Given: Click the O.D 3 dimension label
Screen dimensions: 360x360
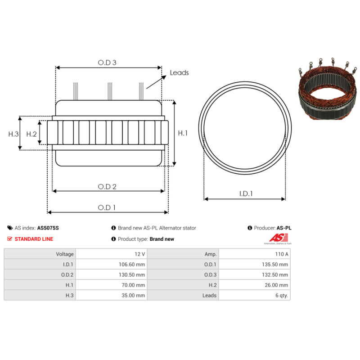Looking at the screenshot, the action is point(107,63).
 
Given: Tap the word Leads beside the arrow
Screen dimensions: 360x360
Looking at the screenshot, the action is point(179,72).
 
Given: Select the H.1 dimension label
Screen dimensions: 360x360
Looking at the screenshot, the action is point(183,133).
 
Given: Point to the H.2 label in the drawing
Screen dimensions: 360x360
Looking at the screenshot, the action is point(31,134).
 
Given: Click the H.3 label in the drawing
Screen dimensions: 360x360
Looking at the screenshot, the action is point(13,134).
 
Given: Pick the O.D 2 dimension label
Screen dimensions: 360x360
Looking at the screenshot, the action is point(107,187).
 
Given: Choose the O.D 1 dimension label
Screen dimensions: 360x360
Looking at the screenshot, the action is point(107,207).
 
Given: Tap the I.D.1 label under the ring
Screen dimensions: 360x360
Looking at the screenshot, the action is point(246,194).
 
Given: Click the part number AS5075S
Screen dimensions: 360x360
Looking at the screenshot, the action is point(48,228).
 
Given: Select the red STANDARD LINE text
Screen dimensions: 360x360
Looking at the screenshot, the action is point(34,239).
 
